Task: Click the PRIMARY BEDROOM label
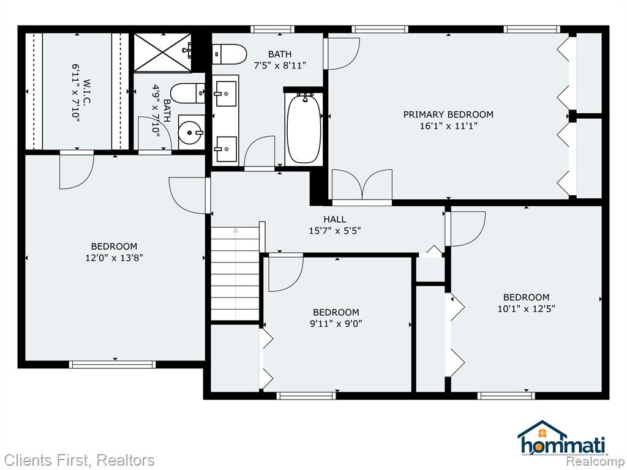coord(448,114)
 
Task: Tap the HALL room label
coord(335,219)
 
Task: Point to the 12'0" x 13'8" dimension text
coord(115,258)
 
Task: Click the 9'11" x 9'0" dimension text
coord(336,323)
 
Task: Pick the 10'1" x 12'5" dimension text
coord(526,308)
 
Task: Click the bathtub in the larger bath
coord(304,128)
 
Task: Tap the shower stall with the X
coord(162,53)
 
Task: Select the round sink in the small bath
coord(190,132)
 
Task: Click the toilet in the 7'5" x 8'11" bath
coord(229,54)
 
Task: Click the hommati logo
coord(562,438)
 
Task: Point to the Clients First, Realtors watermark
coord(79,460)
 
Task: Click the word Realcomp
coord(595,461)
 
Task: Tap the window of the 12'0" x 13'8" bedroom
coord(113,365)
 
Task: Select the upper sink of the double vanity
coord(225,94)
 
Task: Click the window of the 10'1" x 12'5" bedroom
coord(506,396)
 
